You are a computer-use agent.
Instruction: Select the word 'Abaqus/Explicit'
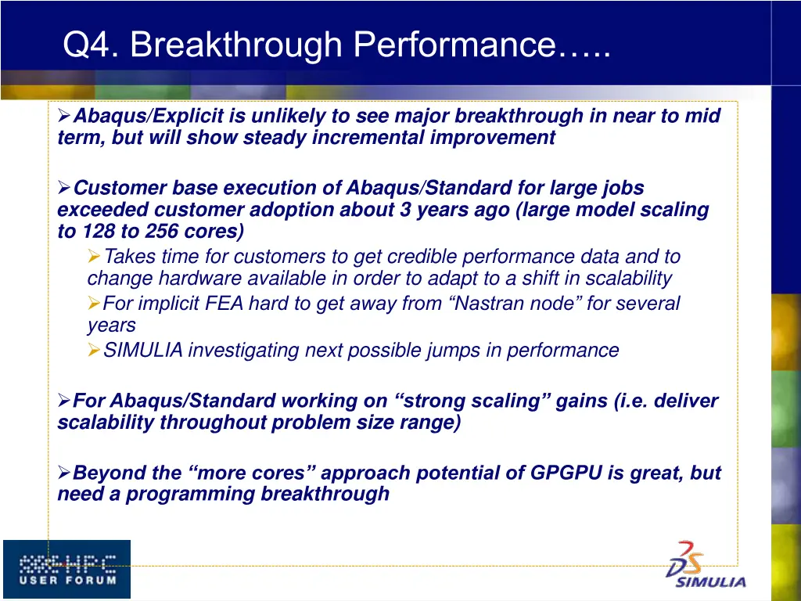coord(149,117)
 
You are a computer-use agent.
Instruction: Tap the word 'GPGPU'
coord(566,473)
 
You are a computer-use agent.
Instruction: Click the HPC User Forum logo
coord(66,569)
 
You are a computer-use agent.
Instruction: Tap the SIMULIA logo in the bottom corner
coord(706,565)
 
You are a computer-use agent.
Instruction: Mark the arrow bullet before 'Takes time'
coord(94,257)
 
